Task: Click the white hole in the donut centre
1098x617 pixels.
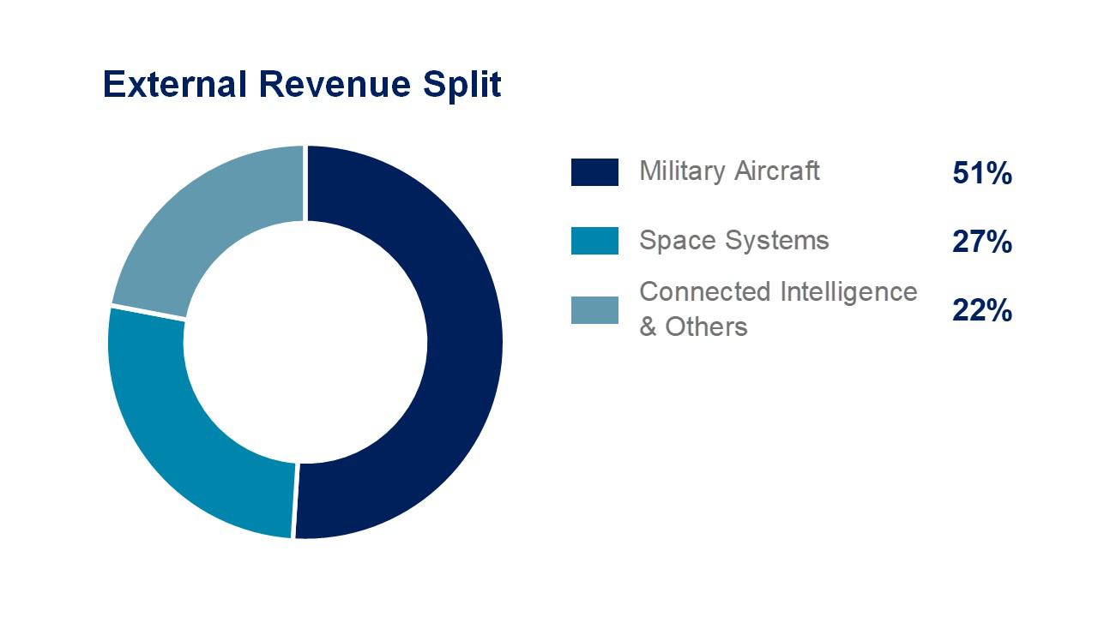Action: (x=305, y=343)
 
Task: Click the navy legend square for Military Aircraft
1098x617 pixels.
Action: (x=594, y=172)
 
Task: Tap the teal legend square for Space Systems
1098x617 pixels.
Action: (x=594, y=241)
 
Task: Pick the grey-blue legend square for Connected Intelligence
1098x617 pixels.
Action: (x=594, y=309)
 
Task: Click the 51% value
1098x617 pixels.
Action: (x=982, y=174)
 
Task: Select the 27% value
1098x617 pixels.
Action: (x=982, y=243)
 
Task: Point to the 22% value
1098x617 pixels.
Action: (x=982, y=310)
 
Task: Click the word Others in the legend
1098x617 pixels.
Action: (x=706, y=326)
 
